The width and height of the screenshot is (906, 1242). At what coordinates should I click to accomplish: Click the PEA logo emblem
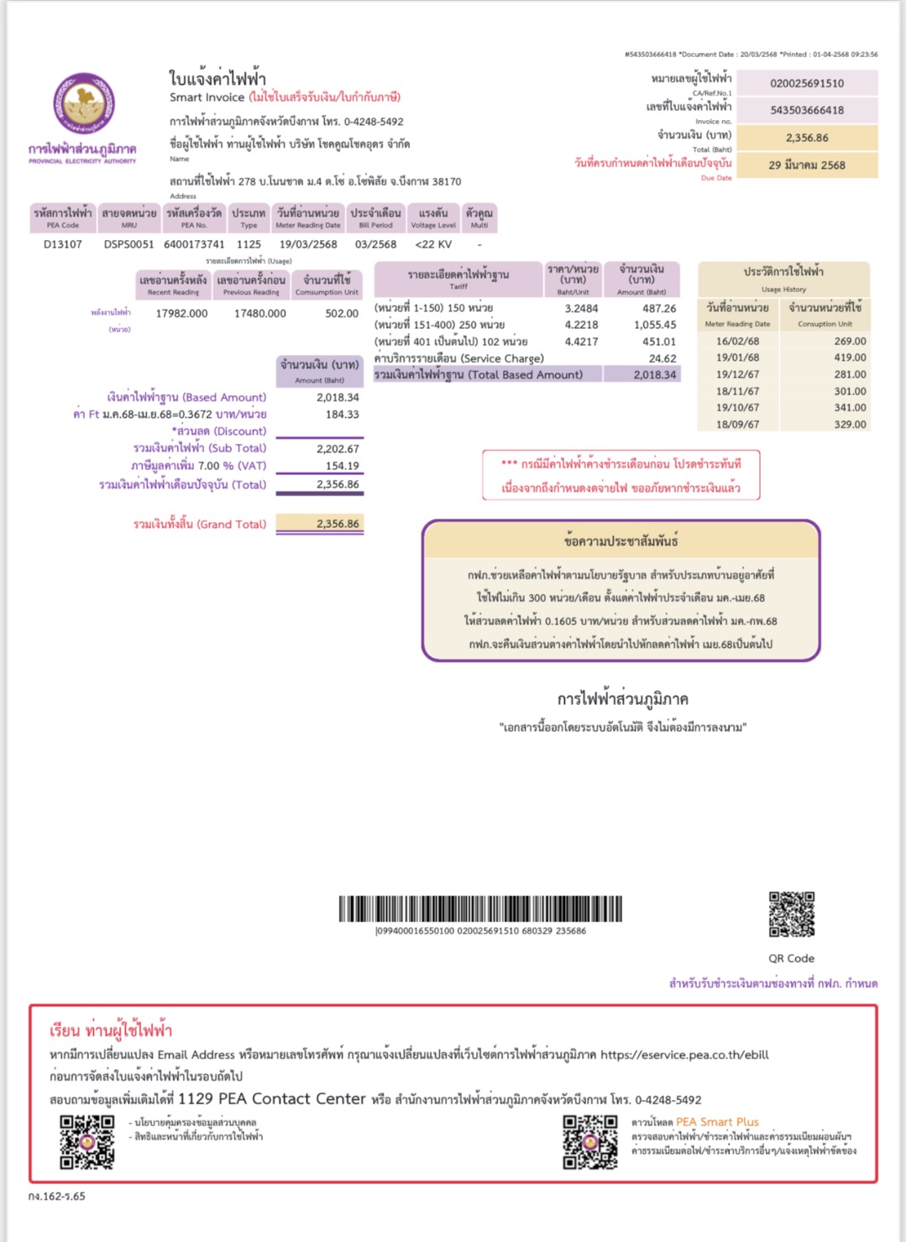pyautogui.click(x=83, y=104)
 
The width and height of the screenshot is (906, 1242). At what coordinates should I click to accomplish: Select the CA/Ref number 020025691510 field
pyautogui.click(x=806, y=83)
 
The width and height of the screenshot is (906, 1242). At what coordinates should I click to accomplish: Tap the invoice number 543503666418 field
pyautogui.click(x=806, y=110)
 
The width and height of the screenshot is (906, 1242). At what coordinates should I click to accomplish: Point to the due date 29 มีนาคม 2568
pyautogui.click(x=806, y=165)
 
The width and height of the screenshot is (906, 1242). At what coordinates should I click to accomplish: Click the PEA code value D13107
pyautogui.click(x=63, y=244)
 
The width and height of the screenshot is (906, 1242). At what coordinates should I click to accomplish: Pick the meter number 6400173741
pyautogui.click(x=194, y=244)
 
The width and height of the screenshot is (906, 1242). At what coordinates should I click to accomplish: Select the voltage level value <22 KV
pyautogui.click(x=433, y=244)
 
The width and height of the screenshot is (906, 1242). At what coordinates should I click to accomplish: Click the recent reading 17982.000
pyautogui.click(x=181, y=313)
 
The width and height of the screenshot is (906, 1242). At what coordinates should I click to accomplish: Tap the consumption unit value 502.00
pyautogui.click(x=341, y=313)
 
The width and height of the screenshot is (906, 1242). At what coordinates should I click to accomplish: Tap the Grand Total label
pyautogui.click(x=199, y=524)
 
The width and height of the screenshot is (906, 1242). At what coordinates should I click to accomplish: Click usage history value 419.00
pyautogui.click(x=850, y=357)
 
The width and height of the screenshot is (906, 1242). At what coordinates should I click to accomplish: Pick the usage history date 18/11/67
pyautogui.click(x=737, y=391)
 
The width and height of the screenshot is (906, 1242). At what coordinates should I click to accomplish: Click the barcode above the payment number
pyautogui.click(x=480, y=909)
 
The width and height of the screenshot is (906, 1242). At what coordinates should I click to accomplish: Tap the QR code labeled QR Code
pyautogui.click(x=792, y=914)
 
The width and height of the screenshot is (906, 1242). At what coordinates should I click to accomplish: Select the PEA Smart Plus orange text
pyautogui.click(x=717, y=1122)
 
